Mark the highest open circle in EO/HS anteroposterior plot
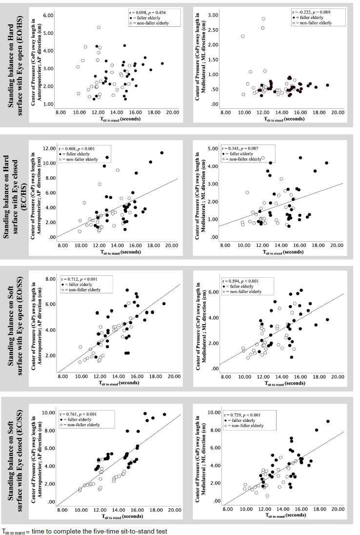[x=99, y=27]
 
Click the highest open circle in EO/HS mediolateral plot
[x=263, y=19]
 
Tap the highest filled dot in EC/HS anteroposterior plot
[x=161, y=153]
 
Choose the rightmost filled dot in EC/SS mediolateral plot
[x=328, y=421]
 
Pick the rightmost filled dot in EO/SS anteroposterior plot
[x=164, y=304]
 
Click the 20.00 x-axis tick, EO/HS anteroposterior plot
[x=172, y=112]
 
